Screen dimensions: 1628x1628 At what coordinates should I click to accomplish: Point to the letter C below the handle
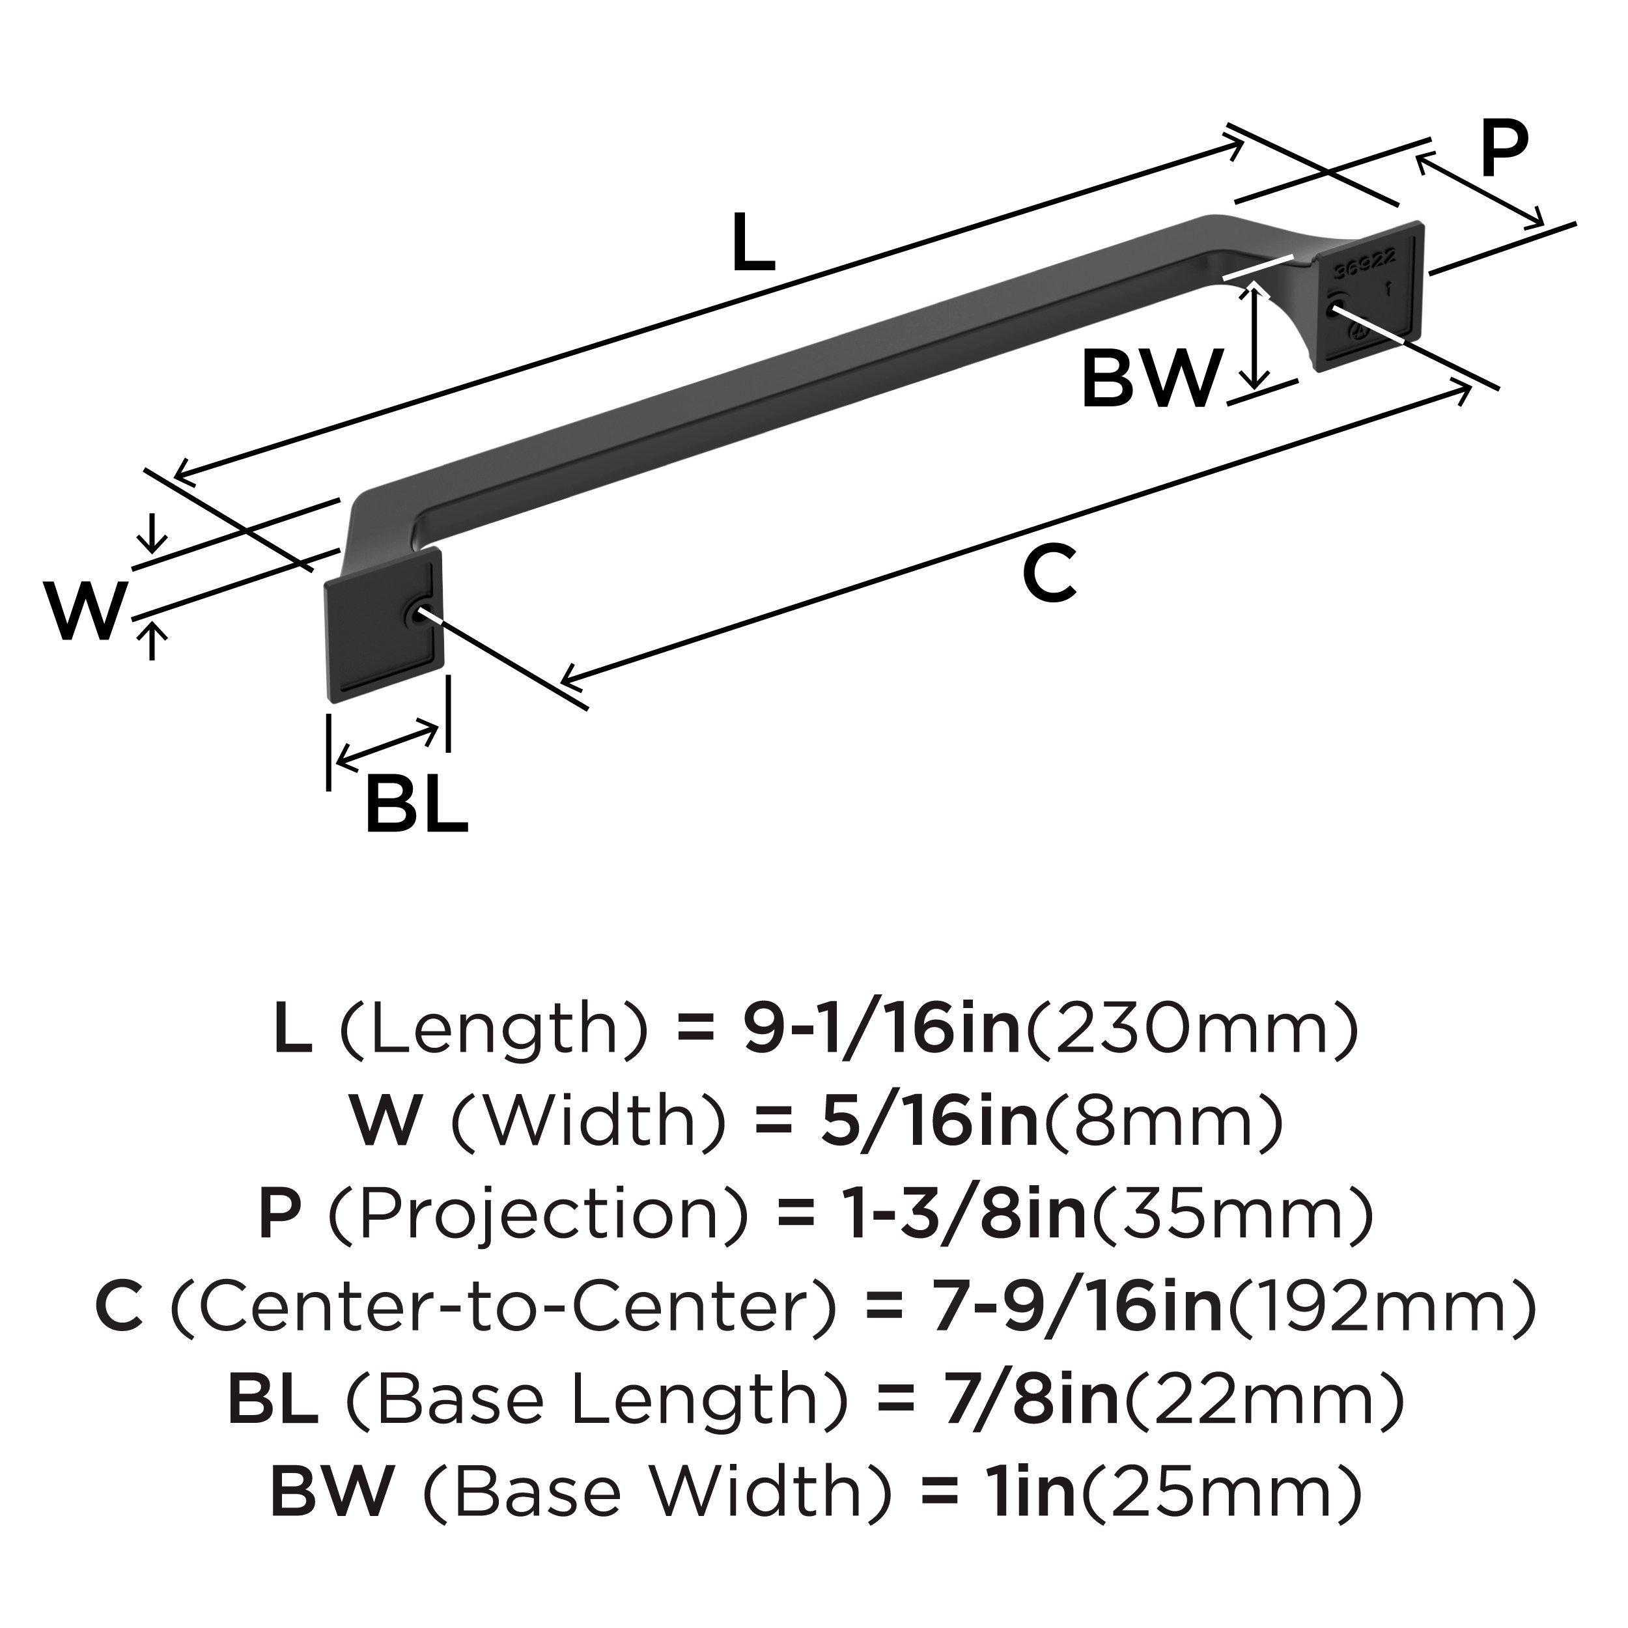point(1049,572)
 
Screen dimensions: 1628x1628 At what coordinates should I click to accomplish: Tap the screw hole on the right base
point(1334,310)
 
